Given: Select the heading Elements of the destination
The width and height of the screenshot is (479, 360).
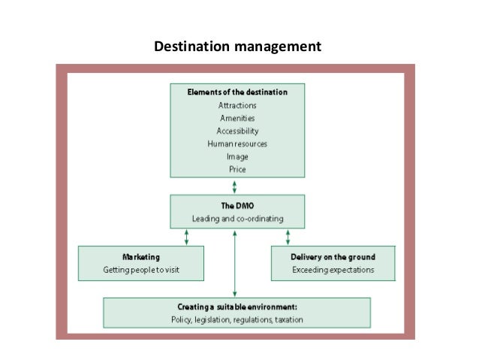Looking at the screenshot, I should click(237, 92).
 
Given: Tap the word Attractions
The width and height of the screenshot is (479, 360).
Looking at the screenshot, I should click(237, 105).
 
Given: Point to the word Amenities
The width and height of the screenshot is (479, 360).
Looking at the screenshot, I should click(237, 118).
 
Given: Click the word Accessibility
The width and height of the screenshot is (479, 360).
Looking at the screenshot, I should click(237, 131).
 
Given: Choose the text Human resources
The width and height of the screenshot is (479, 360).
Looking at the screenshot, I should click(237, 144).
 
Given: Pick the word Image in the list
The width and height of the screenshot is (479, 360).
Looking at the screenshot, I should click(237, 156).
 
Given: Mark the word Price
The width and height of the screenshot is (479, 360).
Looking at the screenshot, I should click(237, 169).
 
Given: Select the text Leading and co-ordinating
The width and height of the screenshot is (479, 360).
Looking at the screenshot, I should click(237, 219).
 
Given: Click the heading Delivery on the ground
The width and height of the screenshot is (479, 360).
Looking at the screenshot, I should click(332, 257).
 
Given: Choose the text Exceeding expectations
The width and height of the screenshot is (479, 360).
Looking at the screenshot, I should click(332, 269).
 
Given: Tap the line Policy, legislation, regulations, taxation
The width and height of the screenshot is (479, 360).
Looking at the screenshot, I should click(237, 321).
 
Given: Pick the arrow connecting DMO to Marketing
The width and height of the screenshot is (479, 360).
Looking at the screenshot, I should click(186, 237).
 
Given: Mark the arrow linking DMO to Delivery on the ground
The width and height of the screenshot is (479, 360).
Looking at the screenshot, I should click(288, 237).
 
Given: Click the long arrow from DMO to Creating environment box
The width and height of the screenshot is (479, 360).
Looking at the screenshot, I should click(235, 263).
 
